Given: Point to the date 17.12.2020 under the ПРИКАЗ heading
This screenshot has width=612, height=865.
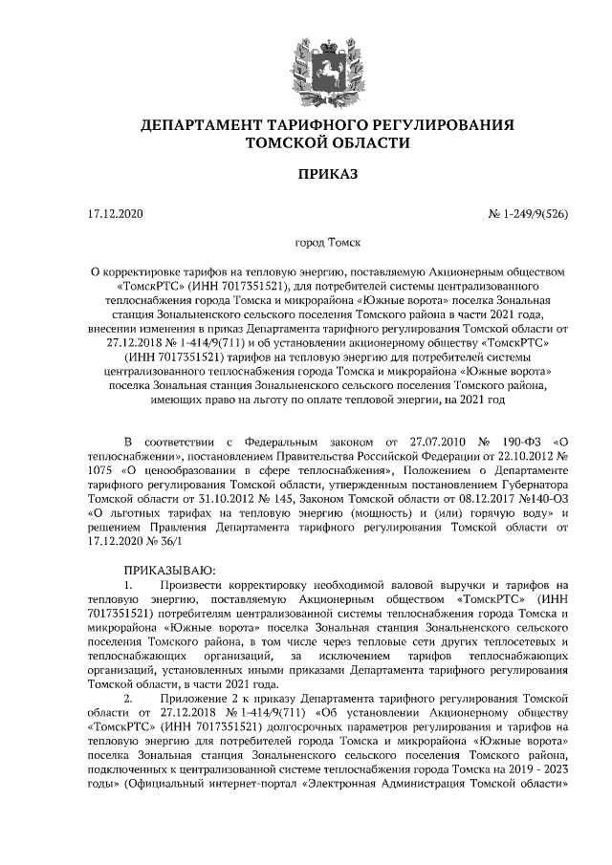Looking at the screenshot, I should click(x=114, y=213).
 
